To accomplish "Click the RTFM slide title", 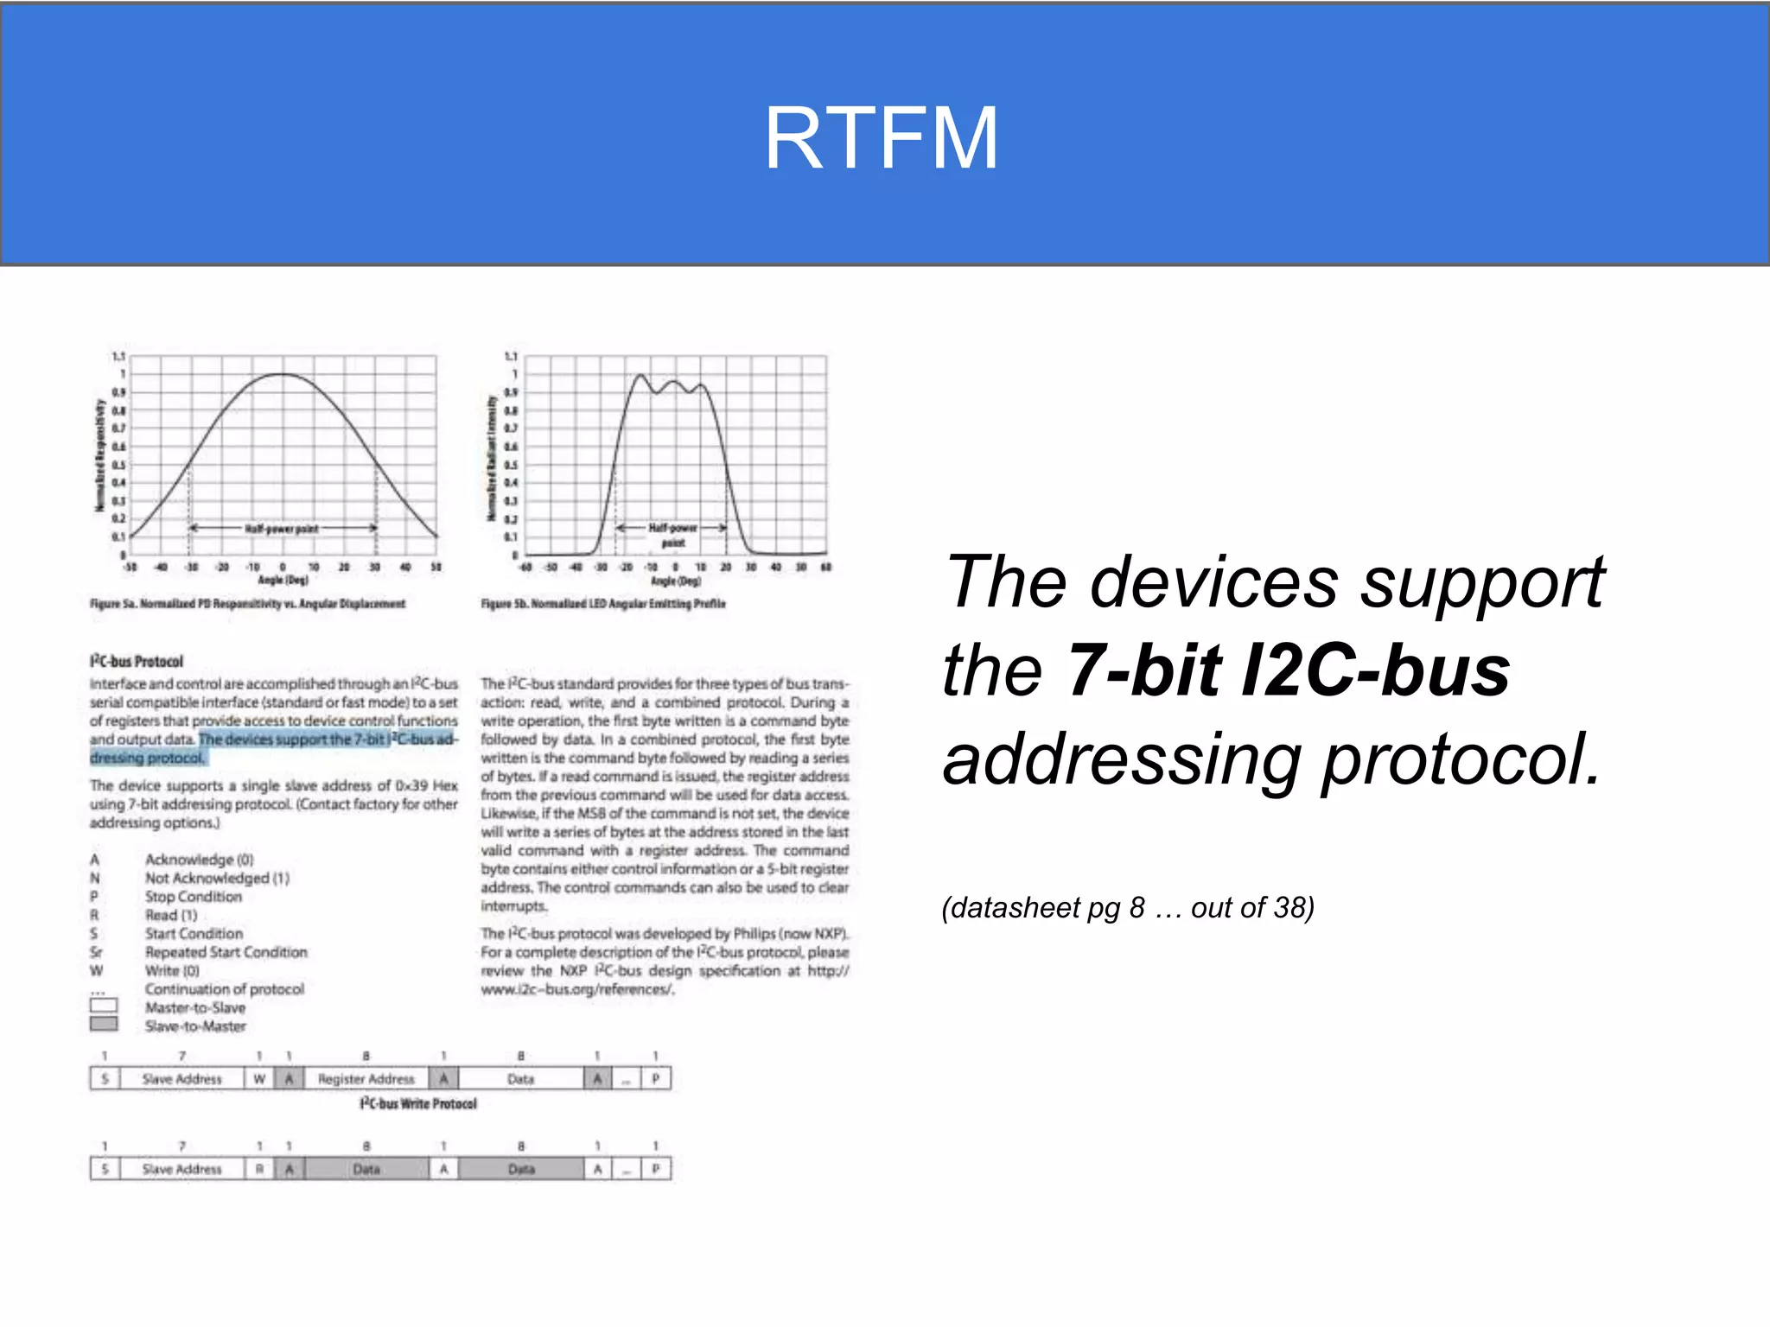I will click(x=882, y=138).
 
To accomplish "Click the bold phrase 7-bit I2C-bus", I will click(x=1288, y=670).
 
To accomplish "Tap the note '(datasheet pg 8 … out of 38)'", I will click(x=1128, y=908).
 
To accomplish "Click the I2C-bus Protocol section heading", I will click(x=137, y=662).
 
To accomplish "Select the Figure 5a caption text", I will click(x=247, y=604).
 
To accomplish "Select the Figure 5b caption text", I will click(x=603, y=604).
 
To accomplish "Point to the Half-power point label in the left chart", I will click(x=282, y=529).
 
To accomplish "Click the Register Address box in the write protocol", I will click(x=366, y=1079).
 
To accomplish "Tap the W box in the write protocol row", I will click(x=259, y=1079).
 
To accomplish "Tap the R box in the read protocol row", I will click(x=259, y=1169).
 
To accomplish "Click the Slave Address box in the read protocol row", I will click(x=182, y=1169).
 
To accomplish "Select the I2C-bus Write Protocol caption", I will click(x=418, y=1104).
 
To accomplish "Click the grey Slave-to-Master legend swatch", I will click(x=104, y=1025).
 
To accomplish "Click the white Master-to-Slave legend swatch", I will click(x=104, y=1006).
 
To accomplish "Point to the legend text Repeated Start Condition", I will click(x=226, y=952).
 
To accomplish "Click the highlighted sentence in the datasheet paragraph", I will click(x=328, y=740).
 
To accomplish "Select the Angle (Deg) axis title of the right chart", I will click(x=676, y=581).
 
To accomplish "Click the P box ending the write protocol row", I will click(x=656, y=1079).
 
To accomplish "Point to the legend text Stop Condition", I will click(x=194, y=897).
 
